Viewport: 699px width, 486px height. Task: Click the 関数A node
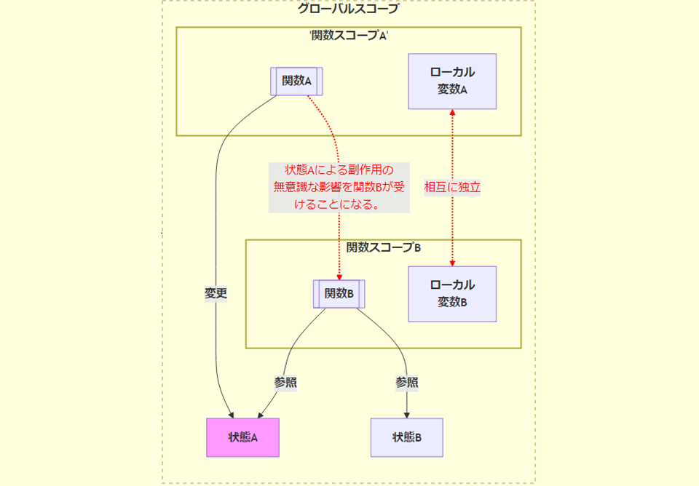click(x=296, y=81)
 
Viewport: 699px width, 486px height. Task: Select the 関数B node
click(x=339, y=294)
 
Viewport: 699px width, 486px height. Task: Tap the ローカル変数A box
click(x=452, y=81)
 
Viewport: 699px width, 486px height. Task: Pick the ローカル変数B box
click(x=452, y=293)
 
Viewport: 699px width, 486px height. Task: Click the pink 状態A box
click(x=242, y=437)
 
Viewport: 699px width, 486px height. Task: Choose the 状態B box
click(x=406, y=437)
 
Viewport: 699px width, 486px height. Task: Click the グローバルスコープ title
click(x=348, y=9)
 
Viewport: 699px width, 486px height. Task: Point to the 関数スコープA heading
click(x=348, y=36)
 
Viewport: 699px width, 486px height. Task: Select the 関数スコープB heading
click(x=383, y=247)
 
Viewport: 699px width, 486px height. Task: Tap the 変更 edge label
click(x=216, y=294)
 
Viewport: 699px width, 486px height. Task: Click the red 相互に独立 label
click(x=452, y=187)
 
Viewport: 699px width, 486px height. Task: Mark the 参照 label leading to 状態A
click(x=285, y=382)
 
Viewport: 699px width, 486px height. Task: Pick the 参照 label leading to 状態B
click(x=406, y=382)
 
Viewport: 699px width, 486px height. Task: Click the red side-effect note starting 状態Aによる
click(x=339, y=187)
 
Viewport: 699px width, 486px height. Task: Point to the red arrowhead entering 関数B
click(x=339, y=276)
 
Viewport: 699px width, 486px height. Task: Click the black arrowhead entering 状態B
click(x=406, y=415)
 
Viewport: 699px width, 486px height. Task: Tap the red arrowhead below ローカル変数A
click(x=452, y=113)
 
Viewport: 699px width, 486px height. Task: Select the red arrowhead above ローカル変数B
click(x=452, y=262)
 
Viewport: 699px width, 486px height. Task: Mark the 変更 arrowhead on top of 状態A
click(x=230, y=415)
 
